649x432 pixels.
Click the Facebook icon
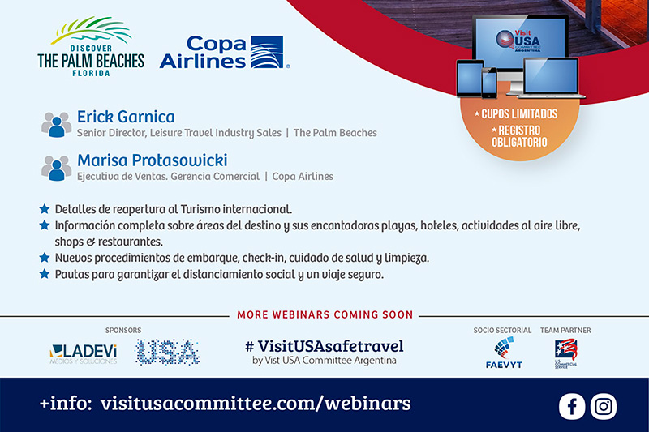tap(572, 407)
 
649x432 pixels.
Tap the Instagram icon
tap(604, 407)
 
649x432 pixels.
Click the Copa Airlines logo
tap(225, 52)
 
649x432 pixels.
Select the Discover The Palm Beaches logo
tap(91, 47)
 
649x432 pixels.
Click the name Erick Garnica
tap(126, 117)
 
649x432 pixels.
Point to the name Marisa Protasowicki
tap(153, 160)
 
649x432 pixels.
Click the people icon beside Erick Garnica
tap(56, 125)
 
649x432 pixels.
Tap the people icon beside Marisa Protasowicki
tap(56, 168)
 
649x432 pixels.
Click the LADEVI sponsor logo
tap(84, 354)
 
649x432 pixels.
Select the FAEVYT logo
tap(504, 353)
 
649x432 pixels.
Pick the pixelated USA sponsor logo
tap(167, 353)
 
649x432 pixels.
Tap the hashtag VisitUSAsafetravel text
tap(324, 346)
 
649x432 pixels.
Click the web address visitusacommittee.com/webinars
tap(256, 404)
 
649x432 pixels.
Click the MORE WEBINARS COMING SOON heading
tap(325, 314)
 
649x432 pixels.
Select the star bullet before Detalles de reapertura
tap(45, 209)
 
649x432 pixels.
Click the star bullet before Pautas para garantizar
tap(45, 274)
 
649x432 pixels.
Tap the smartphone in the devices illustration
tap(489, 83)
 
